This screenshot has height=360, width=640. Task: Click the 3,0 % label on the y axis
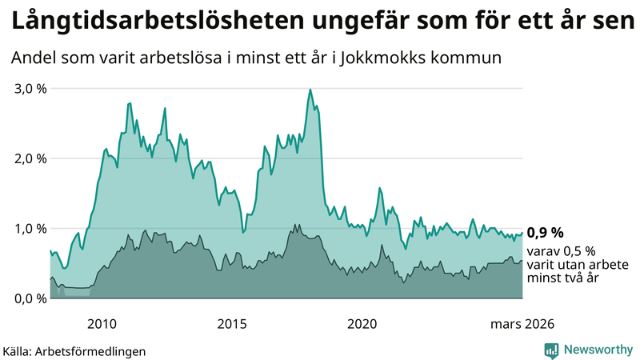click(30, 88)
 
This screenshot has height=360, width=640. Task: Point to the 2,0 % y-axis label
click(30, 158)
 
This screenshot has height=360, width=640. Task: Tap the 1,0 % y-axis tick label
click(30, 228)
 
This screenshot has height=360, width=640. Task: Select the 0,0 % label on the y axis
click(30, 298)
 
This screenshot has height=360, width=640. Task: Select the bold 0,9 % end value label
click(545, 233)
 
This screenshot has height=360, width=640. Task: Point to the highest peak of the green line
click(310, 90)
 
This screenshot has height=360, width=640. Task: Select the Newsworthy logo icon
click(551, 350)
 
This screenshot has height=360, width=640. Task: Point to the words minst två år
click(563, 278)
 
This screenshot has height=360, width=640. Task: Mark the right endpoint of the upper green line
click(522, 233)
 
